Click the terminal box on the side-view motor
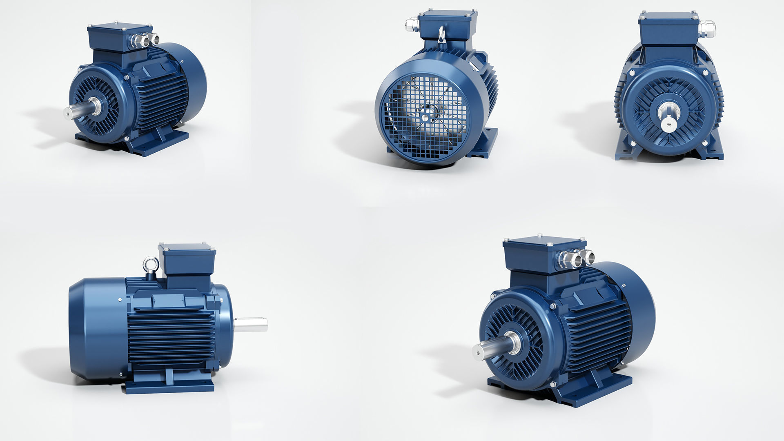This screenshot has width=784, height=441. [189, 261]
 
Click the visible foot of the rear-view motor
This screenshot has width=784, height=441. [488, 143]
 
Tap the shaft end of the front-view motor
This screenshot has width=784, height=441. [669, 122]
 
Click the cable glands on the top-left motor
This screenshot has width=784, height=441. [144, 40]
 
